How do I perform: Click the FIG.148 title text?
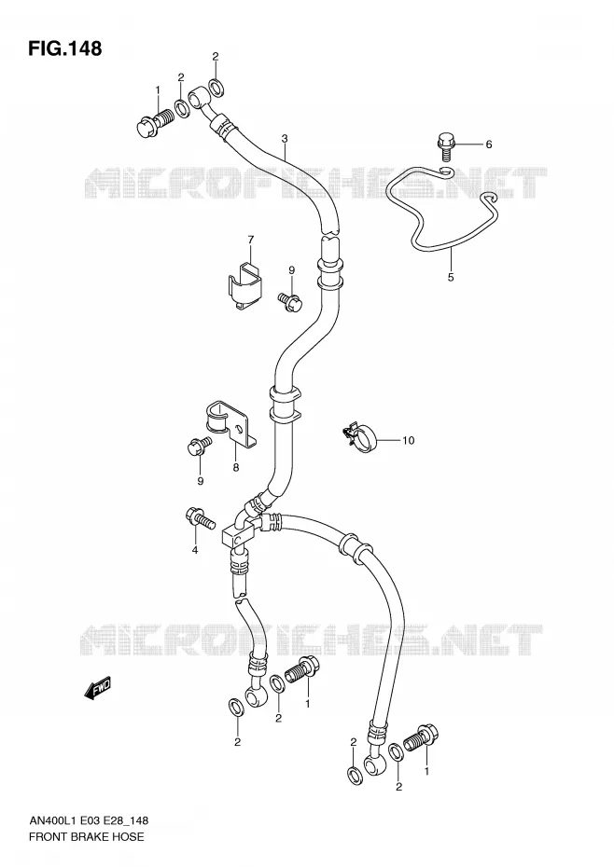tap(64, 48)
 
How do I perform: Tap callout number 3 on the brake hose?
tap(284, 138)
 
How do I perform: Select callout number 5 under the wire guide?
tap(451, 277)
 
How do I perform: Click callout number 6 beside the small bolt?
tap(488, 144)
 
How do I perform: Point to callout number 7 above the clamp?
tap(251, 240)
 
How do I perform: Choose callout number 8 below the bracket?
tap(236, 468)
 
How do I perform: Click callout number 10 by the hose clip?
tap(408, 441)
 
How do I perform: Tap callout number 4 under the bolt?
tap(195, 550)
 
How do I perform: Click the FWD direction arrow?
tap(99, 687)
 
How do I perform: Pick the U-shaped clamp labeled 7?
tap(245, 285)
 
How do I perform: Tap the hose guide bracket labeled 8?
tap(230, 423)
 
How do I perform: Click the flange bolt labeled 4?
tap(200, 518)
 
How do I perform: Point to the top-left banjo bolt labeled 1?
tap(155, 122)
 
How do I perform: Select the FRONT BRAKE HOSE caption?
tap(86, 836)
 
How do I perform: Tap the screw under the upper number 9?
tap(290, 300)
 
